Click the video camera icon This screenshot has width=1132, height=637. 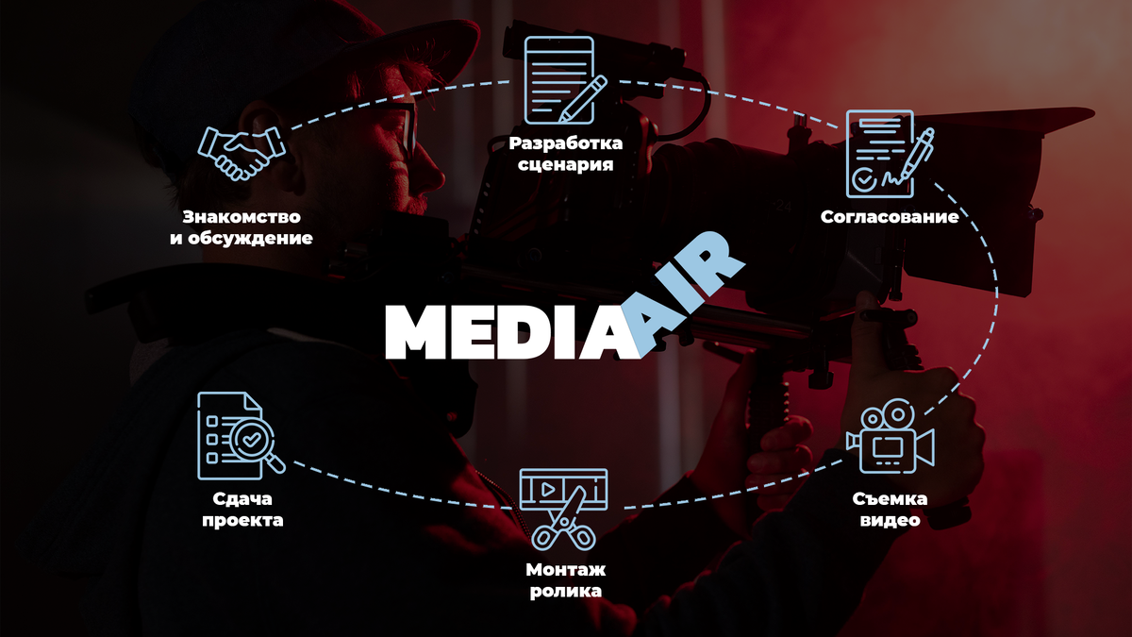pos(890,436)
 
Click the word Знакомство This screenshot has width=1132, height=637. pos(241,217)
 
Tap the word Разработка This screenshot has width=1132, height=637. pos(565,143)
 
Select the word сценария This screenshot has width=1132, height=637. pos(565,165)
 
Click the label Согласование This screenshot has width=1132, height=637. pos(890,217)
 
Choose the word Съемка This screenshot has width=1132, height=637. pos(890,498)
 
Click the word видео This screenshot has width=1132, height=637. pos(890,520)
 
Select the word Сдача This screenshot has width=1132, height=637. pos(241,498)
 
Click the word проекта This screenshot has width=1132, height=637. pos(241,520)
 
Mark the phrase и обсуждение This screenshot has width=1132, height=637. pos(241,239)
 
